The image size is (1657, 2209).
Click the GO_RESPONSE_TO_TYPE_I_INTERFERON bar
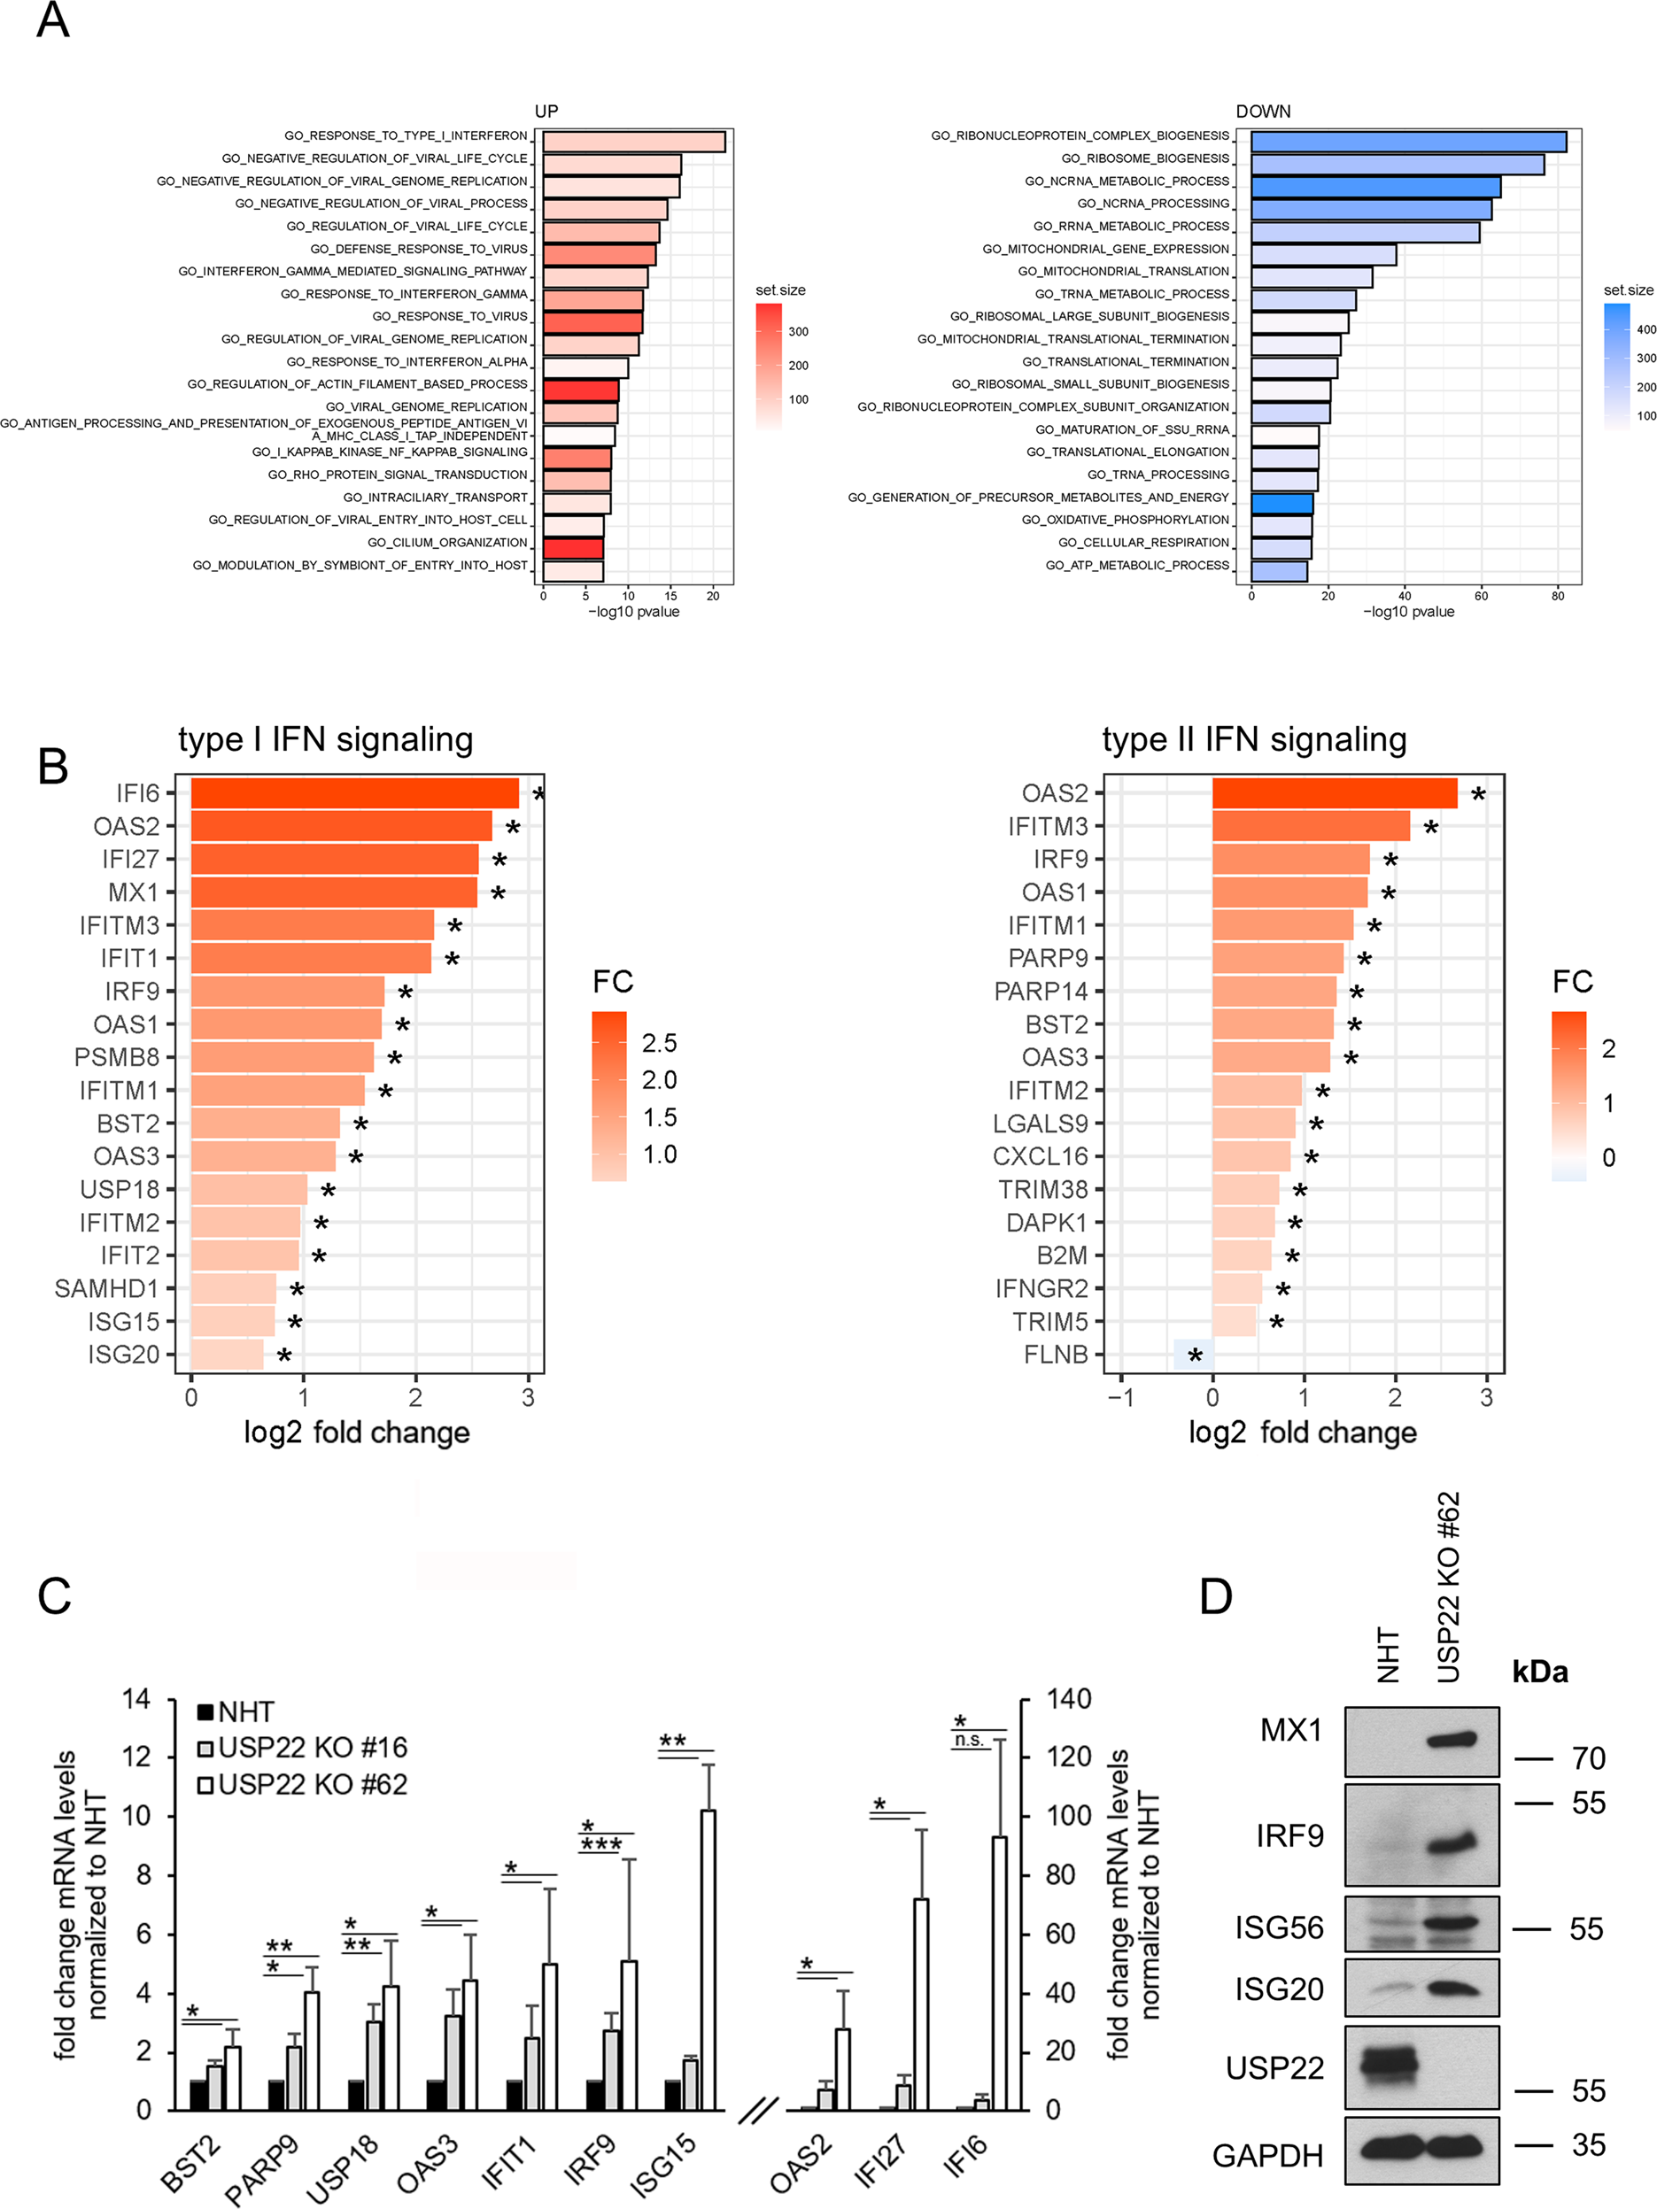click(633, 142)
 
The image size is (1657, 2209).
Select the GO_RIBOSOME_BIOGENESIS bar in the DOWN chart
click(1397, 165)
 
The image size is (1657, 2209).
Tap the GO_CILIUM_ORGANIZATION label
click(446, 542)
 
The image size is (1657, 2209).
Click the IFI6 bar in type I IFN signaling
click(354, 793)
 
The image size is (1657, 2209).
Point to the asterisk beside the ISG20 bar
click(283, 1356)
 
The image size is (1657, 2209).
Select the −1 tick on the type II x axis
click(1120, 1398)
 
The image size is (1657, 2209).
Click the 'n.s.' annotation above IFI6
click(968, 1741)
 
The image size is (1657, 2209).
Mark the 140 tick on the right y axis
click(1068, 1699)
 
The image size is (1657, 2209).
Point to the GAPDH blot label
click(1266, 2155)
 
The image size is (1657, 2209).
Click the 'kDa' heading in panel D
click(1539, 1672)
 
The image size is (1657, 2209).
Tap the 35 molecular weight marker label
click(1588, 2144)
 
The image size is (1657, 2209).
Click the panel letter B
click(53, 767)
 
